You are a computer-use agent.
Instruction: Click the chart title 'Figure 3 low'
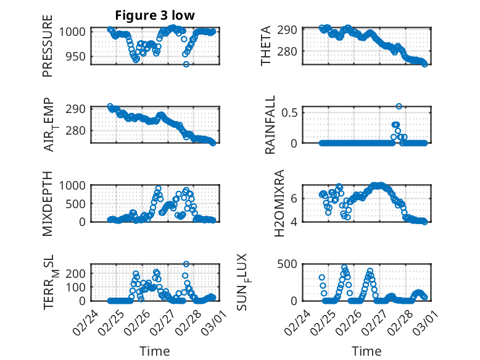155,16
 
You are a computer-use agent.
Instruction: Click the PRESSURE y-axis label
48,51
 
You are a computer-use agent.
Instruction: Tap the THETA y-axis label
266,46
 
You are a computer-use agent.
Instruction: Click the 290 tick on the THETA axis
290,30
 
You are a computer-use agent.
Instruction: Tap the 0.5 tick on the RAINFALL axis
290,112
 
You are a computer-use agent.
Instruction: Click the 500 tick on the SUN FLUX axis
290,264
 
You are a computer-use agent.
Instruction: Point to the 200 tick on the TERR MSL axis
76,272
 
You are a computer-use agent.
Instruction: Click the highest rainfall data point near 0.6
399,106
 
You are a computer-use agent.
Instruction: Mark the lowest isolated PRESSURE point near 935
186,64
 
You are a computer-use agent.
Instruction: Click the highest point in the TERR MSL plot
186,264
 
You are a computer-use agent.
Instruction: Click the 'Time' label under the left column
154,351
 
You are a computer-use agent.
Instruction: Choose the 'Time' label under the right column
366,351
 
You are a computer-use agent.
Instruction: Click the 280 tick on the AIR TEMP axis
76,130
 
